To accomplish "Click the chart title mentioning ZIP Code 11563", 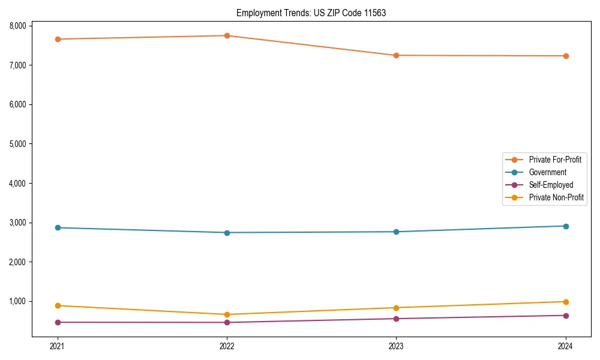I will tap(311, 13).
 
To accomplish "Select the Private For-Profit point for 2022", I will tap(227, 35).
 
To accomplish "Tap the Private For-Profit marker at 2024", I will tap(566, 56).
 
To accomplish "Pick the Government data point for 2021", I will tap(58, 227).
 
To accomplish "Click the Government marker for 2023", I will tap(396, 232).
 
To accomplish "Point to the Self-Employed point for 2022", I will tap(227, 322).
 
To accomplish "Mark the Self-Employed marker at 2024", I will tap(566, 316).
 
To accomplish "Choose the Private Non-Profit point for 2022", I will tap(227, 314).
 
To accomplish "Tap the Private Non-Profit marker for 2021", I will tap(58, 305).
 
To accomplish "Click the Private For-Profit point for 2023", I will tap(396, 55).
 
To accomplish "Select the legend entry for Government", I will tap(547, 172).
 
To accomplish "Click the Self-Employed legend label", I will tap(551, 185).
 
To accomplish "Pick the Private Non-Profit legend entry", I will tap(556, 197).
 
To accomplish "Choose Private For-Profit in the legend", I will tap(554, 160).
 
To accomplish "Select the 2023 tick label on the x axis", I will tap(396, 346).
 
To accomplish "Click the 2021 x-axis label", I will tap(58, 346).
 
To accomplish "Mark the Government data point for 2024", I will tap(566, 226).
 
